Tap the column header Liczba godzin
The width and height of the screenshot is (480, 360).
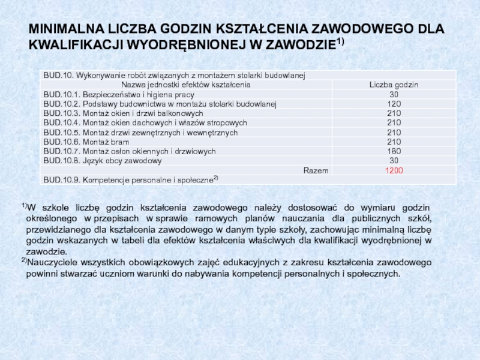click(x=394, y=85)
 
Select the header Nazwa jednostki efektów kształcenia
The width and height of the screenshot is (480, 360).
click(x=187, y=85)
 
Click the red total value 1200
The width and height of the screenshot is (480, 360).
click(x=394, y=171)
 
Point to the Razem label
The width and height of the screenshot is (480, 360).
click(x=316, y=171)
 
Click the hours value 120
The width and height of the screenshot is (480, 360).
click(x=394, y=104)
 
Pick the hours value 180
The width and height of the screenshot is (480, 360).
click(x=394, y=152)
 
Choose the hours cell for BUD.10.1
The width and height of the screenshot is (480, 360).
click(x=394, y=95)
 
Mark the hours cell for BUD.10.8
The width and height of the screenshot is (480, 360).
click(x=394, y=161)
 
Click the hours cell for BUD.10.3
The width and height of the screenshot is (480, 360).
click(x=394, y=113)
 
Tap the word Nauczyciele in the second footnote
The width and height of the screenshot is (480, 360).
click(x=51, y=263)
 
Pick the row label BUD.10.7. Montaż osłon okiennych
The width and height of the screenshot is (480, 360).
click(x=129, y=152)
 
